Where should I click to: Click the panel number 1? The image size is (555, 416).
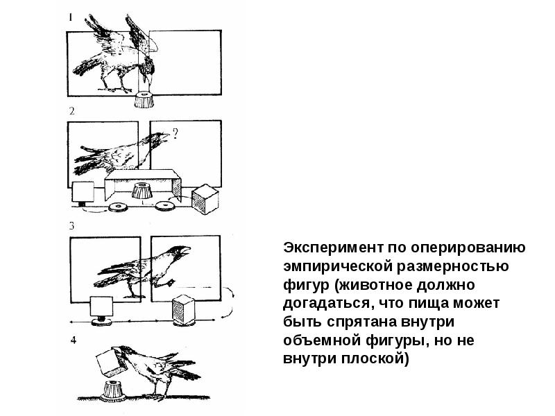tap(71, 17)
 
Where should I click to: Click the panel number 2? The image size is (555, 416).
tap(72, 111)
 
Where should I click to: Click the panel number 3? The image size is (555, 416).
tap(72, 226)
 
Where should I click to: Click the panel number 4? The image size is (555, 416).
tap(74, 340)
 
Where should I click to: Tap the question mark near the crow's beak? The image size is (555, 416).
tap(175, 133)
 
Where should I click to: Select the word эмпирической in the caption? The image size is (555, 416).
tap(338, 266)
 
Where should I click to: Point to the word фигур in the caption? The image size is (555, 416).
tap(306, 285)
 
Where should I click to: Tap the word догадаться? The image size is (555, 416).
tap(330, 303)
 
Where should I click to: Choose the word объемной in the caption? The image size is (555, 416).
tap(321, 340)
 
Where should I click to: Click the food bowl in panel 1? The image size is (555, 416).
tap(144, 100)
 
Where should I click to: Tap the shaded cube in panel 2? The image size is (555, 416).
tap(205, 199)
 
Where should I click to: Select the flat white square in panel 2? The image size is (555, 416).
tap(83, 192)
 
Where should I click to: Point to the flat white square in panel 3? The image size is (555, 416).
tap(101, 306)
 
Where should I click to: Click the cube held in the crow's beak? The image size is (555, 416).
tap(111, 361)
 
